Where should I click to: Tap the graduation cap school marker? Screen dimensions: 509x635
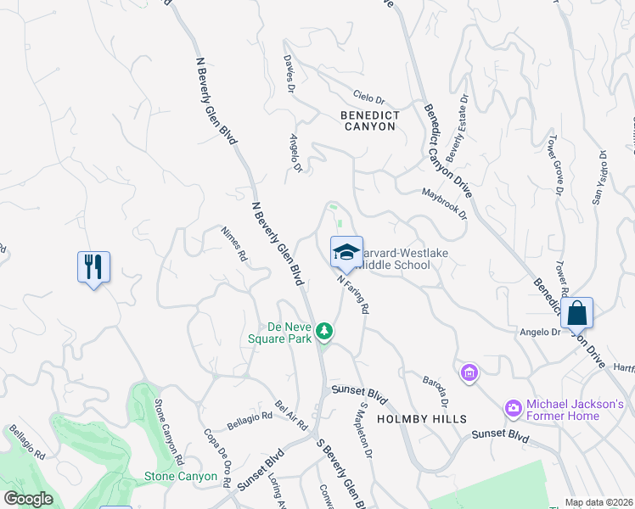[x=346, y=252]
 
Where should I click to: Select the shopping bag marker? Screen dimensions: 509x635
[x=576, y=313]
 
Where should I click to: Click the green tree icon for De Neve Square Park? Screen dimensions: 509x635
[x=323, y=331]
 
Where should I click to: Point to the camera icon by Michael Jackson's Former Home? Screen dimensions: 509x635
[x=513, y=409]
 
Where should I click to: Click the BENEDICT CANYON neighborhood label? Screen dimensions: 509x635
[x=368, y=120]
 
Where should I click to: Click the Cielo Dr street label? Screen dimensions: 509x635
[x=368, y=98]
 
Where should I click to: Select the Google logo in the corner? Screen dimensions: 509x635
[x=28, y=499]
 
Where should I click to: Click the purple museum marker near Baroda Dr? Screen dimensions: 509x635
[x=469, y=372]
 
